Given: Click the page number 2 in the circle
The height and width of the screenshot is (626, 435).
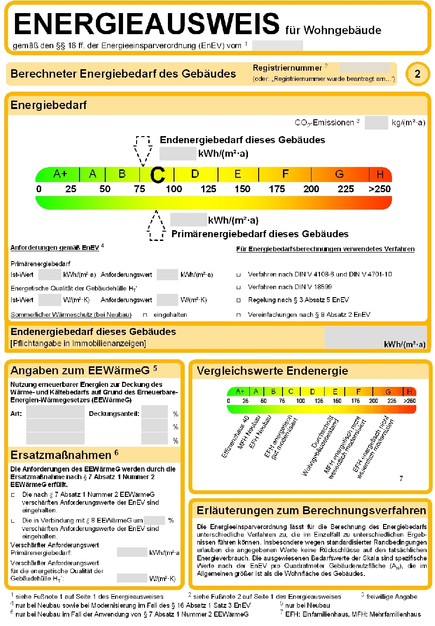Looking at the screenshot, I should [x=417, y=74].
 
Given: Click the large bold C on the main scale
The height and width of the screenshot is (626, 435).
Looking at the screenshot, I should [x=158, y=175].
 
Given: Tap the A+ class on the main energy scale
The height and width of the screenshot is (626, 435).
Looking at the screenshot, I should [x=60, y=174].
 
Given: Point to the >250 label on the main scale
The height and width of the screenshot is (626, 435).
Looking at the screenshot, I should [x=379, y=189].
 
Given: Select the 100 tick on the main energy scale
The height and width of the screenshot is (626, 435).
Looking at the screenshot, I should [x=174, y=189].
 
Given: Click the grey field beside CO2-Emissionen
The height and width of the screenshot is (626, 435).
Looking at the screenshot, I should [x=376, y=123].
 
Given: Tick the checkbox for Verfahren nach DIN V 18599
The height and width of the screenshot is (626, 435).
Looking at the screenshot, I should [x=239, y=287].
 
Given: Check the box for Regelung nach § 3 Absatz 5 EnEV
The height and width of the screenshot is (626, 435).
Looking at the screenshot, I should [x=239, y=300].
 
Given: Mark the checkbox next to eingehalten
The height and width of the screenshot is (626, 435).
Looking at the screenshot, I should [x=145, y=315].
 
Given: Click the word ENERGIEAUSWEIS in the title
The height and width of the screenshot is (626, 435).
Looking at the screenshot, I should [x=146, y=23].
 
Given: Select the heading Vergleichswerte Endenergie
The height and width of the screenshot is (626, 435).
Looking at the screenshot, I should [x=272, y=371].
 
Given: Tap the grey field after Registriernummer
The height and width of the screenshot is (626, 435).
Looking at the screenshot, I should [x=364, y=68].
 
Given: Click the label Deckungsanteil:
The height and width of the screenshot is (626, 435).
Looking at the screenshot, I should [x=114, y=414].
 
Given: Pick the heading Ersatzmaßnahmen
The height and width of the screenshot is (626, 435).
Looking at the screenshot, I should [x=61, y=455].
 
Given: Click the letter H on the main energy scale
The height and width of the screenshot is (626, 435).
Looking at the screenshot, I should [x=380, y=175].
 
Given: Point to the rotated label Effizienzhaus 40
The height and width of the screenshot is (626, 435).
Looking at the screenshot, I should [x=235, y=436].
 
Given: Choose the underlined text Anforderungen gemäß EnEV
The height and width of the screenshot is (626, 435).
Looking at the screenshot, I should [x=55, y=247].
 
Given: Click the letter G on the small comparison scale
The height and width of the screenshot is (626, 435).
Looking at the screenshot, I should [x=388, y=392].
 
